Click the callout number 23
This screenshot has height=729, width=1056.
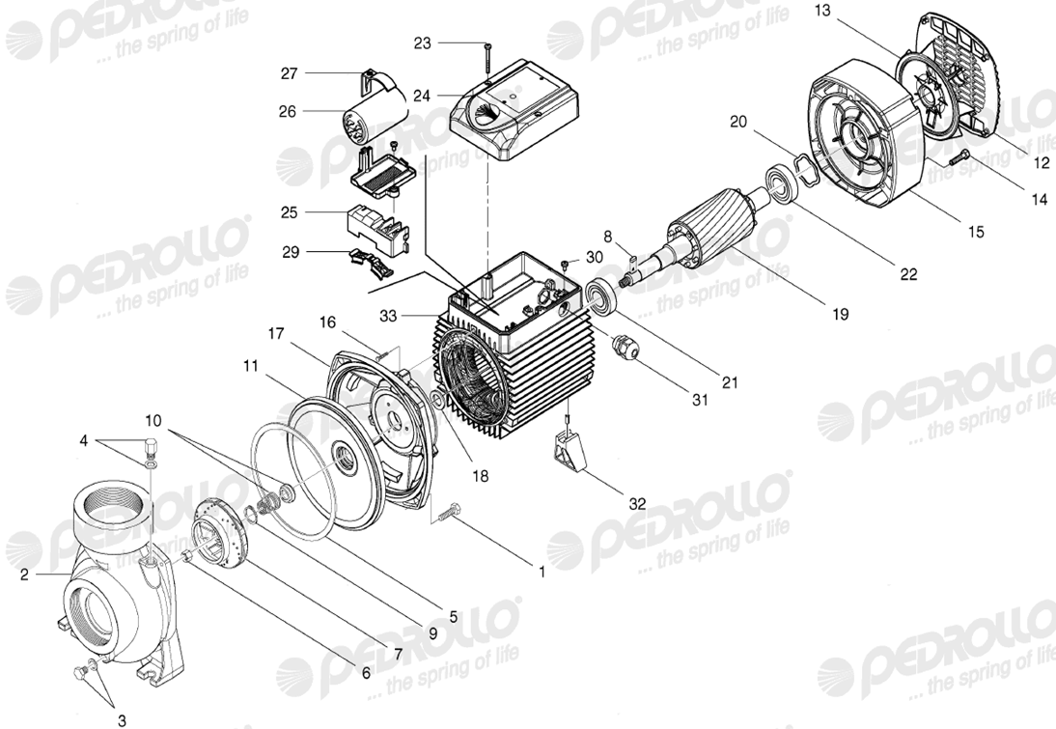pyautogui.click(x=422, y=43)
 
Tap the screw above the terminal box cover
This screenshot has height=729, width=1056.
pyautogui.click(x=486, y=58)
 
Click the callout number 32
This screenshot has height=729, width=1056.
pyautogui.click(x=637, y=503)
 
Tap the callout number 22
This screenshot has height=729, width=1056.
pyautogui.click(x=908, y=274)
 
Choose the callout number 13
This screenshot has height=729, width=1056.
pyautogui.click(x=822, y=10)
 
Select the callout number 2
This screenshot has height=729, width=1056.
pyautogui.click(x=24, y=575)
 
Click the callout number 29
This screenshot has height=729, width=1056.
pyautogui.click(x=291, y=252)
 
